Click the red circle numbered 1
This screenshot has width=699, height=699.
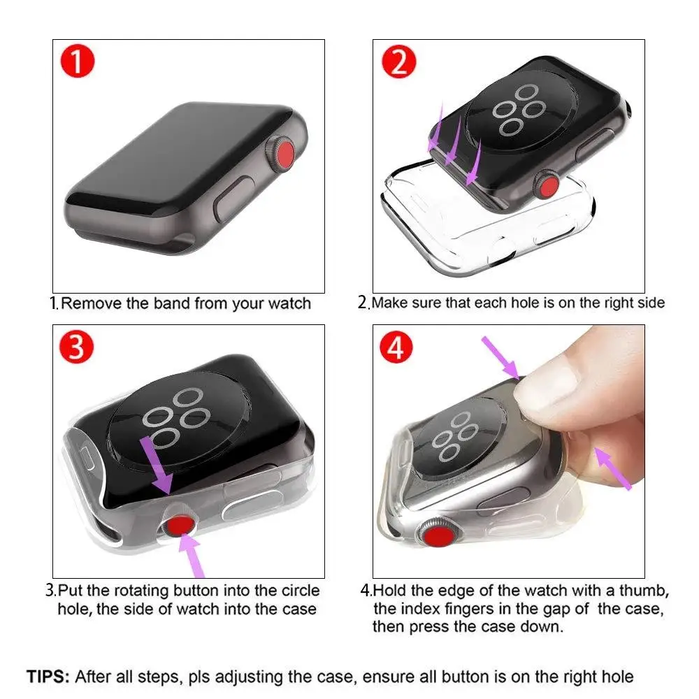click(x=79, y=62)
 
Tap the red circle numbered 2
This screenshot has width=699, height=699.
click(x=398, y=62)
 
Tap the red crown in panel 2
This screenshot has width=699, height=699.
click(x=546, y=187)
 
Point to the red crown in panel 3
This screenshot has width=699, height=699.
click(x=179, y=524)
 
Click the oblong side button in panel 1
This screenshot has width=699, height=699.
click(x=231, y=201)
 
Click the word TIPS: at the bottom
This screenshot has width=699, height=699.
click(x=48, y=677)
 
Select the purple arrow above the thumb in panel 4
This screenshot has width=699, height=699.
click(x=502, y=355)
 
